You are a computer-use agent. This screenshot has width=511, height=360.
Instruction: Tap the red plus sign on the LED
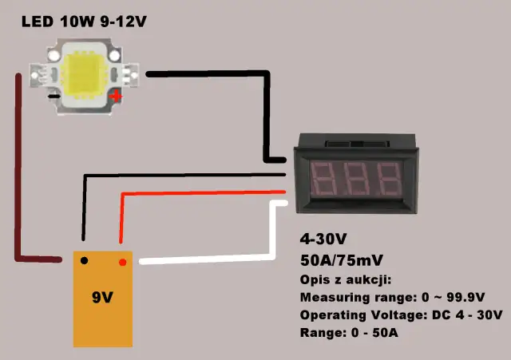117,97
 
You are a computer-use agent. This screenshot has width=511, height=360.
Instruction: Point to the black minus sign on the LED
53,97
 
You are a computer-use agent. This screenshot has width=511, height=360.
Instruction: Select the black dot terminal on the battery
84,260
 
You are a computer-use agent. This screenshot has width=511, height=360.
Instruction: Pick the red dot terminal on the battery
122,262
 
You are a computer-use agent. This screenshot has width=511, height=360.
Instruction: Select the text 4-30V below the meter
323,239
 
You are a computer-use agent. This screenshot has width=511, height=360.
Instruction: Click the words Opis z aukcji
344,280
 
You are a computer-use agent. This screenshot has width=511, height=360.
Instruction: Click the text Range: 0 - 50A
349,331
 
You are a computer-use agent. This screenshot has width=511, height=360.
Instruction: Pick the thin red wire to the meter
200,192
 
